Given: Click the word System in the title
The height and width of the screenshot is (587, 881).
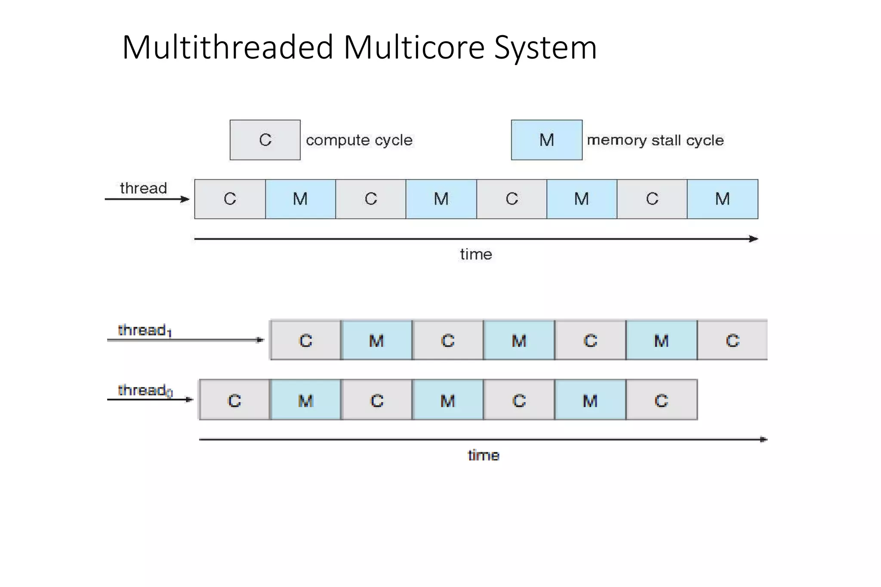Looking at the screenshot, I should [x=545, y=47].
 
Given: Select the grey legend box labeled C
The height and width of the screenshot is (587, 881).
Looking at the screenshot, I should [x=265, y=140].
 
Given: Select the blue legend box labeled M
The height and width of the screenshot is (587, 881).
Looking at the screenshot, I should [x=546, y=140].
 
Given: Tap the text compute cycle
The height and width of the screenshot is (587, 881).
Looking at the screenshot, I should [x=359, y=140].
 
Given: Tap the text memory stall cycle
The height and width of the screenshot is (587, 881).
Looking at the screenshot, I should [x=655, y=140].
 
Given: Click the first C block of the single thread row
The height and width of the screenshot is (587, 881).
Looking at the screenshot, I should [x=230, y=199].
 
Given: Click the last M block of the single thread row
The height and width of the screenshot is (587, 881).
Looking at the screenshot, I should [x=722, y=199].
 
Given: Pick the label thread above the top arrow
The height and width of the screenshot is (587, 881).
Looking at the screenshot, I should [x=143, y=188].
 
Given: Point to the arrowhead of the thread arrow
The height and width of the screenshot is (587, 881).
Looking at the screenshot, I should [x=186, y=199].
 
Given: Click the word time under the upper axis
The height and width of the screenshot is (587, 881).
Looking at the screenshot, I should [x=476, y=254].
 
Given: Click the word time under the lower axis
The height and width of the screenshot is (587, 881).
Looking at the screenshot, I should [x=484, y=455].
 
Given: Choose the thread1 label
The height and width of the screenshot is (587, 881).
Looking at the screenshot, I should [x=145, y=330].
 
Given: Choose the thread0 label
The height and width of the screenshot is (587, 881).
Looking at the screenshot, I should [x=145, y=390].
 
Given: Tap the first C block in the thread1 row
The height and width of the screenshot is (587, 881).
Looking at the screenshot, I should [x=305, y=341].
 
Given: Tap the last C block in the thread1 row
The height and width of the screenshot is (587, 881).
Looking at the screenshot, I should [x=732, y=341].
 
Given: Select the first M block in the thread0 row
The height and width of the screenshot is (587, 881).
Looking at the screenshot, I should [x=305, y=400].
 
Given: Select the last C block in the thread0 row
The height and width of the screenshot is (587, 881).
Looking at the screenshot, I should [x=661, y=400].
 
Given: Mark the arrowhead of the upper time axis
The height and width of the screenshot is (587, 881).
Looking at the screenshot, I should [x=754, y=239].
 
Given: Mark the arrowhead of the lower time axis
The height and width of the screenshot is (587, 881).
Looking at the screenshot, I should [x=764, y=439].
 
